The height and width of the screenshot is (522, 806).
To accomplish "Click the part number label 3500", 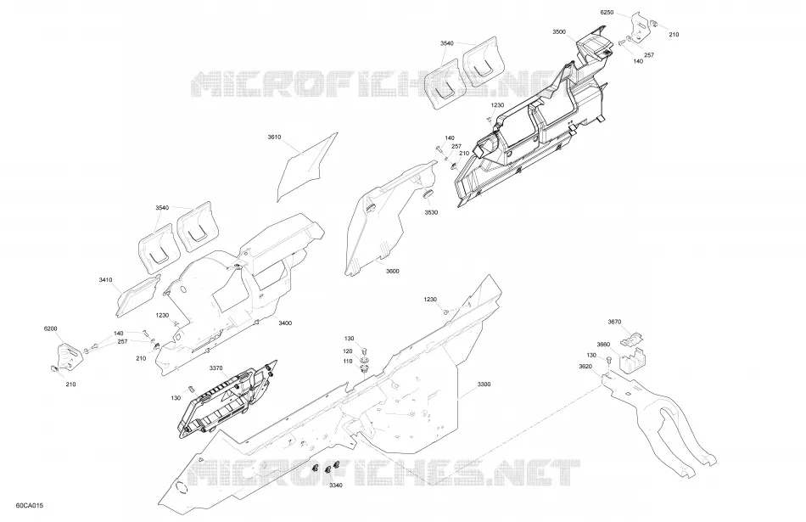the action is tap(559, 32).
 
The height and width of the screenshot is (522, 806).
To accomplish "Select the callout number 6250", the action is tap(607, 13).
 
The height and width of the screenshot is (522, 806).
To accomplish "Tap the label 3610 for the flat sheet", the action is tap(275, 138).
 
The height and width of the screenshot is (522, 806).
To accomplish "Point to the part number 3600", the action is tap(392, 271).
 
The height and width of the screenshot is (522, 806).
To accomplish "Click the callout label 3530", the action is tap(431, 212).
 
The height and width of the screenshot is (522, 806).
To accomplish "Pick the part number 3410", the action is tap(105, 280).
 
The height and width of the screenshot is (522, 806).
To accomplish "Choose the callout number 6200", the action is tap(50, 328).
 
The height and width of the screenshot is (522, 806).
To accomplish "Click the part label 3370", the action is tap(215, 368).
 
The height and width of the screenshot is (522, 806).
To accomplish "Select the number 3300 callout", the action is tap(484, 384).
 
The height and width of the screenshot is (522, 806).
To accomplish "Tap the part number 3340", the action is tap(336, 485).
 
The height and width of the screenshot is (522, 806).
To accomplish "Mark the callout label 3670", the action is tap(614, 322).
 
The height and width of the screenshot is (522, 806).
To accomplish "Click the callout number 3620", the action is tap(585, 366).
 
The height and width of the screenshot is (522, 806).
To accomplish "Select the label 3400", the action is tap(285, 323).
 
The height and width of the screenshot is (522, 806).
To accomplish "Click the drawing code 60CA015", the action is tap(30, 506).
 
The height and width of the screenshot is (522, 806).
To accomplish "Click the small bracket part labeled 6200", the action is tap(66, 356).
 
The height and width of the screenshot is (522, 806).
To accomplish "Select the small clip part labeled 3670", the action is tap(632, 339).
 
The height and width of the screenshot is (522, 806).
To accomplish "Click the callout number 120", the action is tap(348, 351).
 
